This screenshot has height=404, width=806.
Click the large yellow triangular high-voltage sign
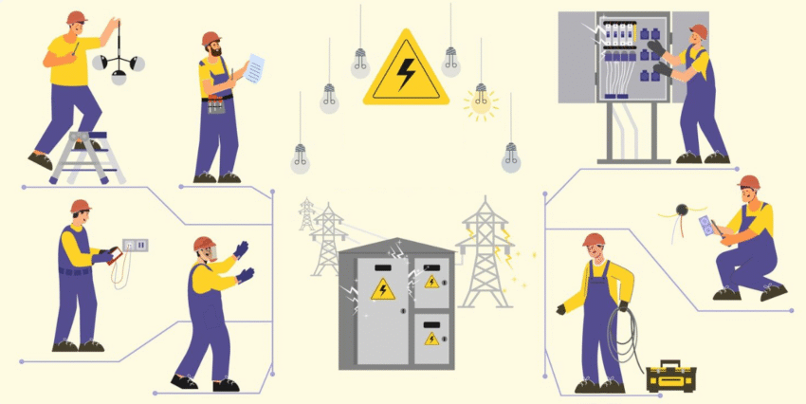[x=407, y=71]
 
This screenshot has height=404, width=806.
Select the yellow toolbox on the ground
[x=670, y=376]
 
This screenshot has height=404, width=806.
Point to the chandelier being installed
[x=119, y=65]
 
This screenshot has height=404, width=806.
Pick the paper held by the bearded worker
[x=254, y=66]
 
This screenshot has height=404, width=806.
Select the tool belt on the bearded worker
[x=217, y=101]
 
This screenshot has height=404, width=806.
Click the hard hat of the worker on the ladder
[x=77, y=17]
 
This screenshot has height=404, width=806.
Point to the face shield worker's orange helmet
[x=202, y=244]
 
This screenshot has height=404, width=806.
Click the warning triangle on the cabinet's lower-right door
[x=431, y=337]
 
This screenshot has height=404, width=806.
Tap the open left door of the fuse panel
[x=575, y=57]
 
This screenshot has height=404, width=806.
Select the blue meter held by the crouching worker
[x=705, y=226]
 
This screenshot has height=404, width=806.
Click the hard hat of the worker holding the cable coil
[x=594, y=239]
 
